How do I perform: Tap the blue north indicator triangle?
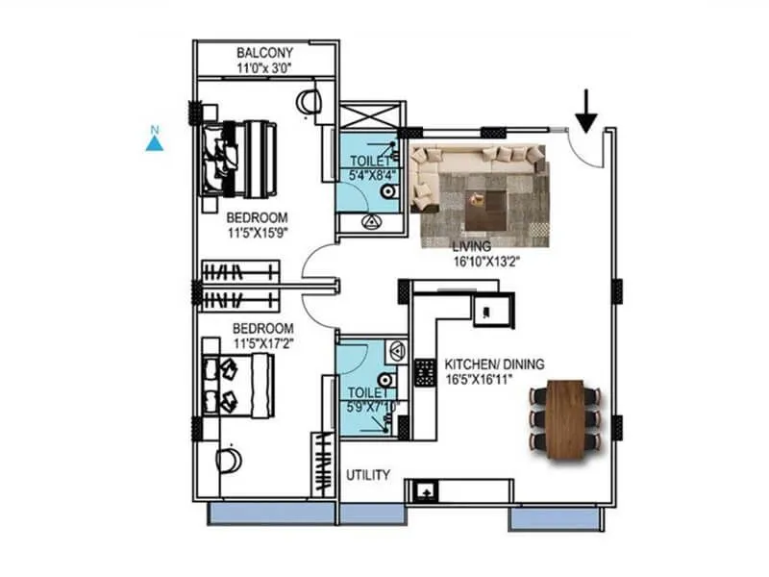pos(153,143)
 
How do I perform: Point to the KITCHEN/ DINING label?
pos(494,364)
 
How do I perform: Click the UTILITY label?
pos(368,475)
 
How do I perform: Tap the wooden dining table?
pos(568,414)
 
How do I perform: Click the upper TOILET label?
pos(366,162)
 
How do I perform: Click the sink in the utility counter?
pos(424,491)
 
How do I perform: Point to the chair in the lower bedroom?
pos(228,459)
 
